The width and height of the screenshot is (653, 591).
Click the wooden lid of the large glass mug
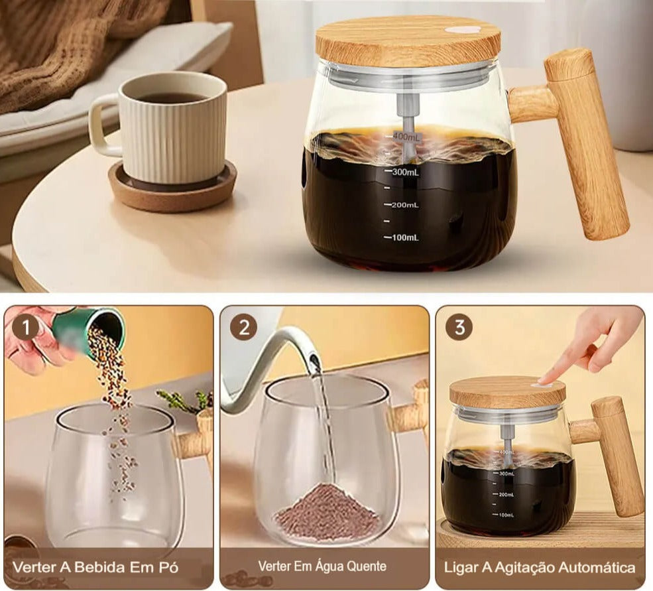[408, 41]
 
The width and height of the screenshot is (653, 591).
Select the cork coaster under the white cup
[172, 188]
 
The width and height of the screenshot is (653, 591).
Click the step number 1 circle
[26, 328]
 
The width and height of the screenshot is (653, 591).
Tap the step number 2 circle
[244, 328]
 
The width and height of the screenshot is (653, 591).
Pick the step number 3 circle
[459, 328]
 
